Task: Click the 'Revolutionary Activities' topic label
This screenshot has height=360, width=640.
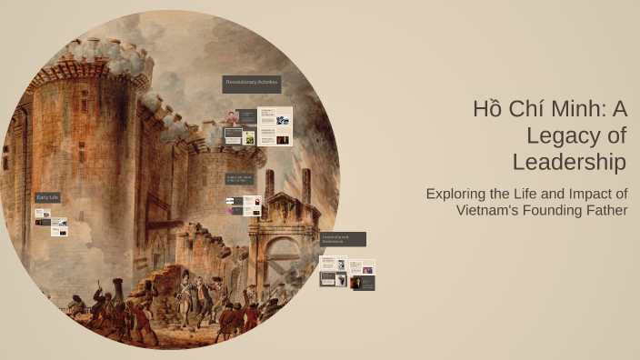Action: [x=252, y=84]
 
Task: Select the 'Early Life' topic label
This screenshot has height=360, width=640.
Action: [x=47, y=197]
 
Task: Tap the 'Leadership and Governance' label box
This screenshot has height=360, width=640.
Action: [x=343, y=239]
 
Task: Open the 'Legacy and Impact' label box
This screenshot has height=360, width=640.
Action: [x=241, y=179]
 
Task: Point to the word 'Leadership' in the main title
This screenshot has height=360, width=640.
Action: [x=569, y=163]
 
